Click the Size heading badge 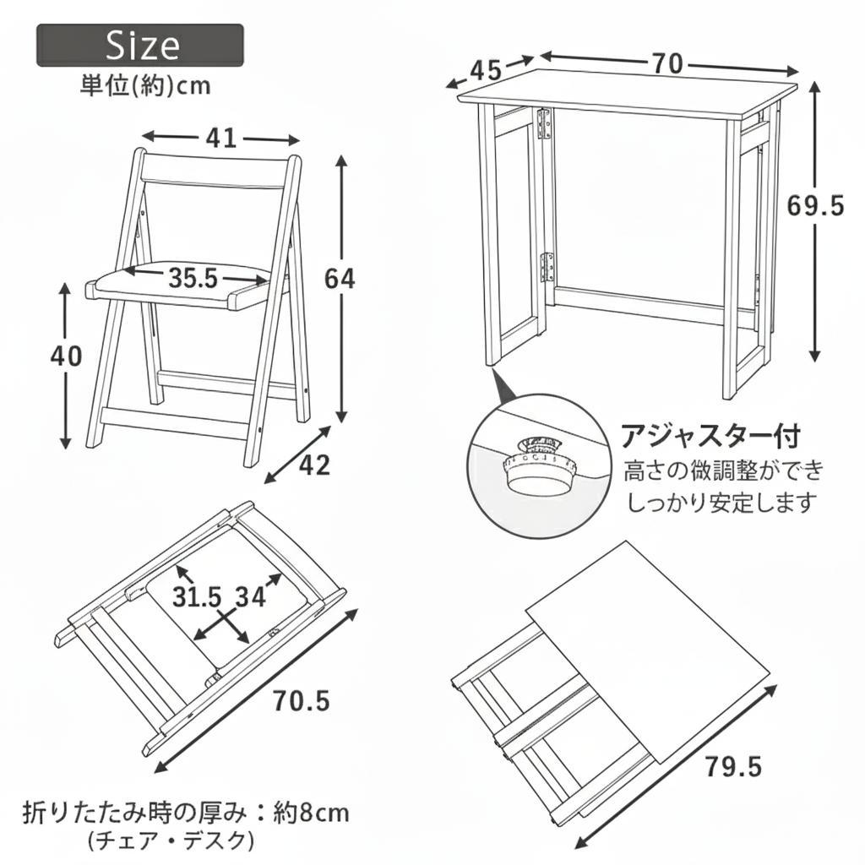(140, 46)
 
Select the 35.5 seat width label (193, 278)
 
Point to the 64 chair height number (340, 278)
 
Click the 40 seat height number (66, 356)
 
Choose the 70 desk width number (668, 63)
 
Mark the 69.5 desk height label (815, 205)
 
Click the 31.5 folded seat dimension (198, 597)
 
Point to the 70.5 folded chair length (301, 701)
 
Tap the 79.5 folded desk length (733, 767)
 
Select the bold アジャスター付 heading (710, 436)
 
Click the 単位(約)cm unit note (144, 85)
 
